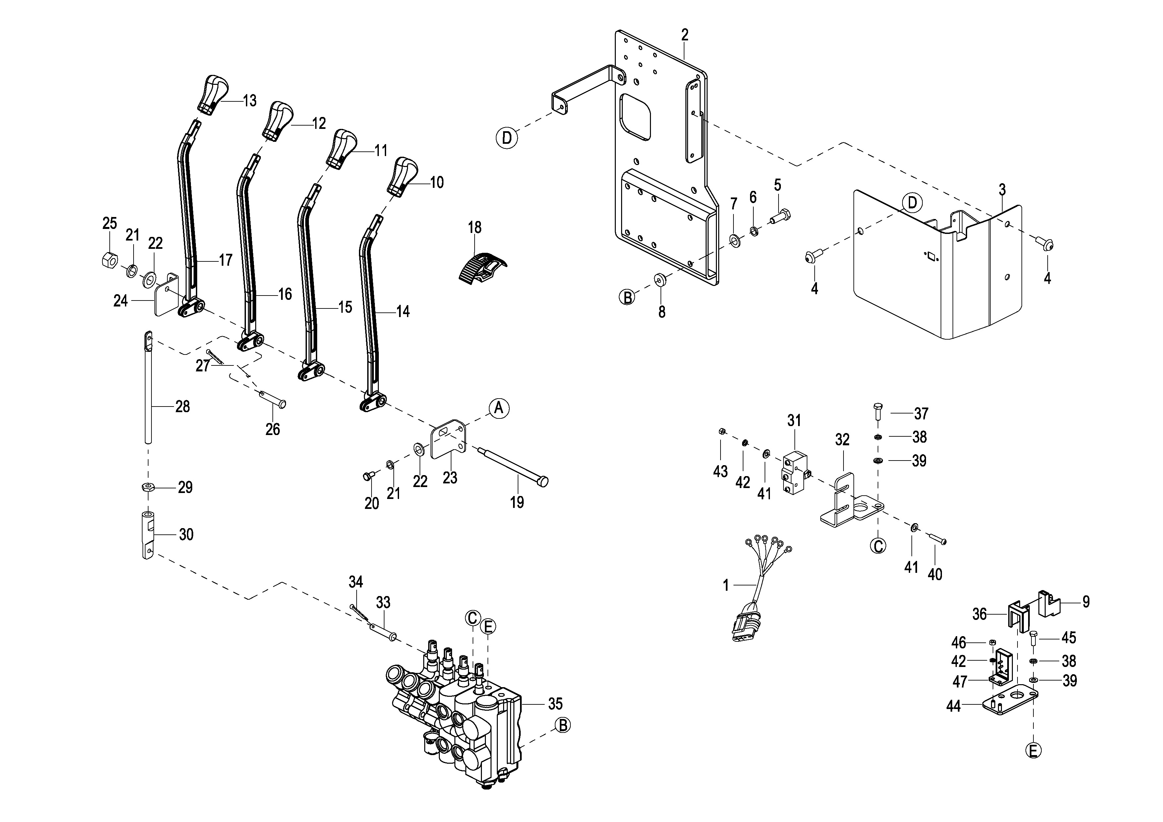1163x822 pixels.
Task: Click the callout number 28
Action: click(182, 406)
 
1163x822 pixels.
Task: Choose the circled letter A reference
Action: click(499, 408)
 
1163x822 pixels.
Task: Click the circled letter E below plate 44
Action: click(1033, 750)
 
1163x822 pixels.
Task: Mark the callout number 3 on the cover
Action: click(1002, 190)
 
